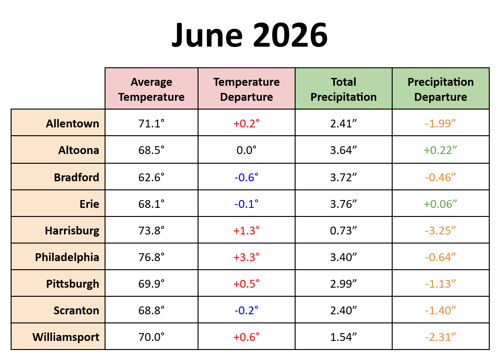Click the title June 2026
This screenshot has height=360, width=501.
[250, 35]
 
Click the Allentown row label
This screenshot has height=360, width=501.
[72, 123]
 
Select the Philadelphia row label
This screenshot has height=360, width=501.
[67, 257]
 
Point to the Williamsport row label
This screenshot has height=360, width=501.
[66, 337]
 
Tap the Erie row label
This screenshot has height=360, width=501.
[89, 204]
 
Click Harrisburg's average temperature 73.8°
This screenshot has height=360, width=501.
[152, 230]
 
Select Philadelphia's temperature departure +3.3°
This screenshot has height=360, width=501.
[246, 257]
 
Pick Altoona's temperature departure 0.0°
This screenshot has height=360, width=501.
[246, 150]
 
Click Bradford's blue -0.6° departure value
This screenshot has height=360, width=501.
[246, 177]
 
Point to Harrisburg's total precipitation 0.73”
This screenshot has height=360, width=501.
[343, 230]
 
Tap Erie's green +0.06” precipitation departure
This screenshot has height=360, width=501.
[441, 204]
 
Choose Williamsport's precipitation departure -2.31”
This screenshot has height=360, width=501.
[441, 337]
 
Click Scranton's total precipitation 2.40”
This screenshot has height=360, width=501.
[343, 310]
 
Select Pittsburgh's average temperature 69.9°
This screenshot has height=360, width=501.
[152, 284]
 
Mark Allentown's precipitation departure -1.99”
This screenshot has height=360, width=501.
[441, 123]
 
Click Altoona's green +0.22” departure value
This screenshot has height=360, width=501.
[441, 150]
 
